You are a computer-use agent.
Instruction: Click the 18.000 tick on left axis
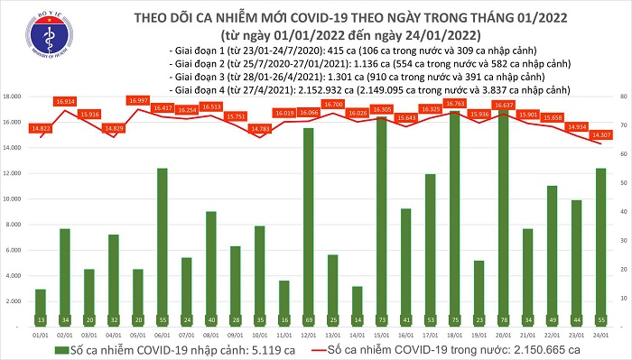point(14,96)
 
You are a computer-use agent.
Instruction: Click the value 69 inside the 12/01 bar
point(309,319)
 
